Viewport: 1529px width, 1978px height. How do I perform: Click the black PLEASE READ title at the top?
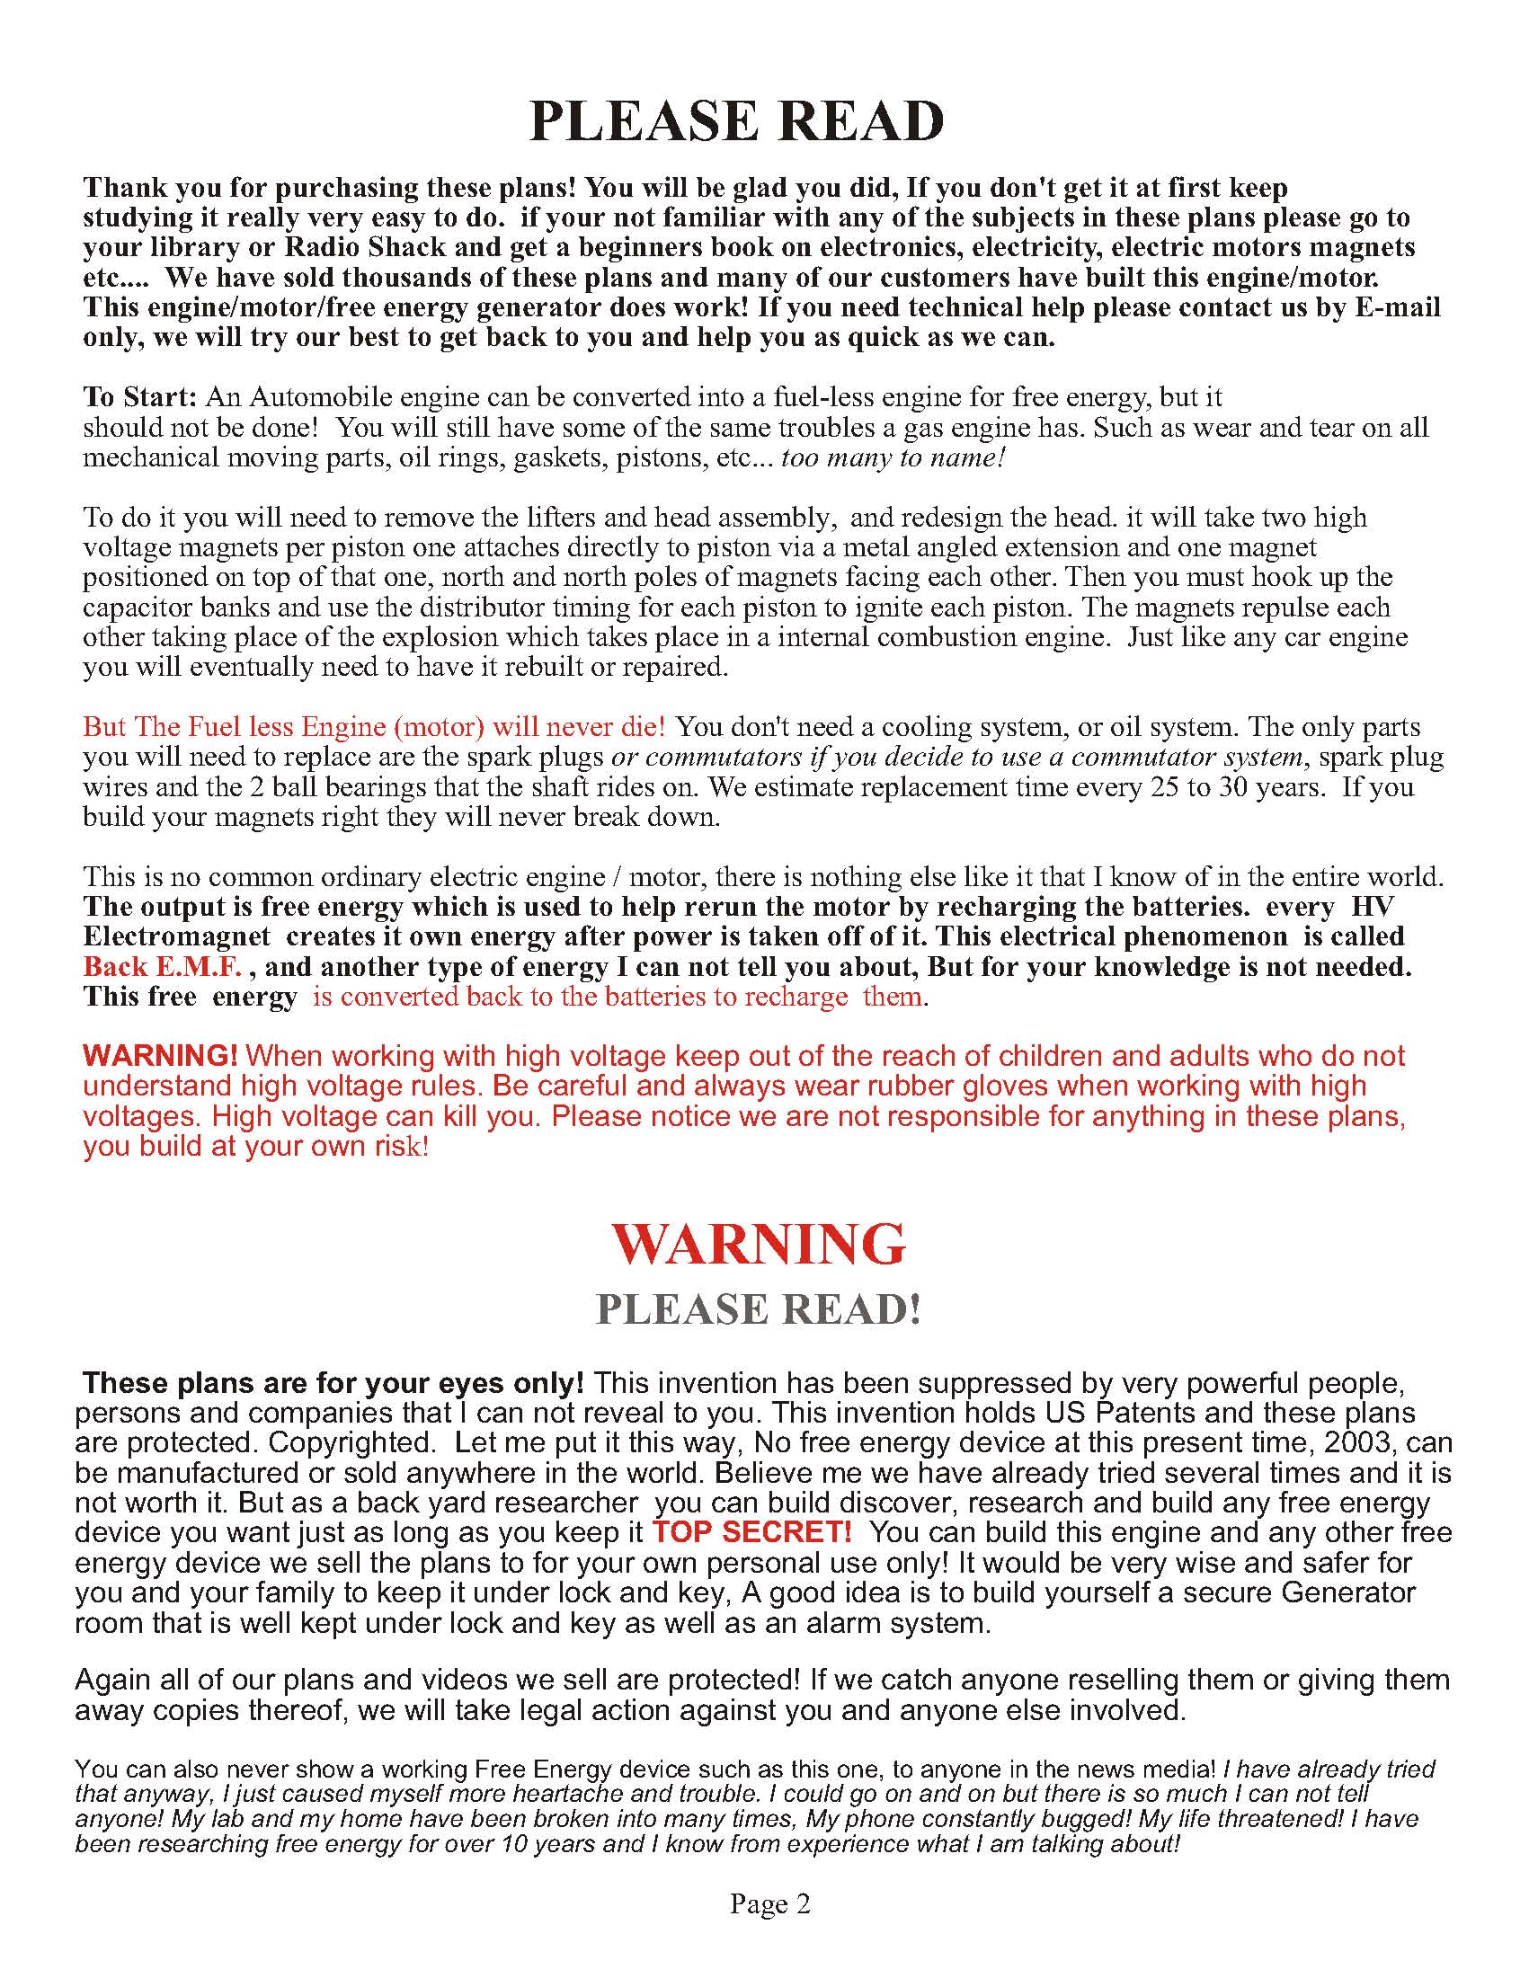click(736, 120)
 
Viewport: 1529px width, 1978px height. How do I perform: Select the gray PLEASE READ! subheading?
click(758, 1309)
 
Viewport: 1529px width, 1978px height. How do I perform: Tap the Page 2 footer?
click(770, 1903)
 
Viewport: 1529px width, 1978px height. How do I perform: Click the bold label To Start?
click(139, 396)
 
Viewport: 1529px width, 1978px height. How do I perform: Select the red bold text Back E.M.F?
click(162, 967)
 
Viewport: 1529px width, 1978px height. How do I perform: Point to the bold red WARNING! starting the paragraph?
click(160, 1056)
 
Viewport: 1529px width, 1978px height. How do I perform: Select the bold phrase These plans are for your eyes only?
click(333, 1383)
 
